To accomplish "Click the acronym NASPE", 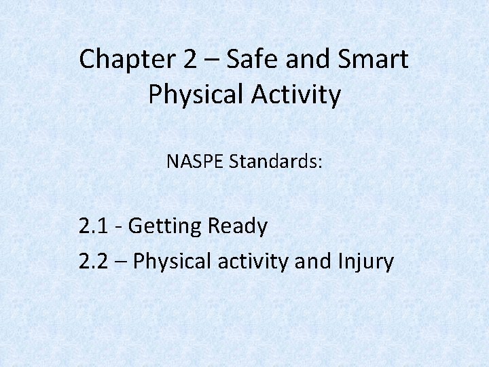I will click(x=196, y=162).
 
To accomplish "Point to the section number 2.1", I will click(x=92, y=226).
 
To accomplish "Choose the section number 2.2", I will click(x=93, y=261).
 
